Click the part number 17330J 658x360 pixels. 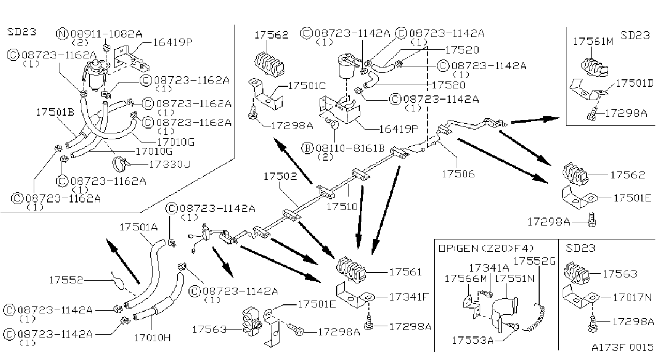pyautogui.click(x=170, y=164)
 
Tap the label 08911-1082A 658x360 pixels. pyautogui.click(x=107, y=34)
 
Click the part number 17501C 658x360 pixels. pyautogui.click(x=307, y=86)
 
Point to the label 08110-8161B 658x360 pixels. pyautogui.click(x=350, y=148)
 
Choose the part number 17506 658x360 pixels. pyautogui.click(x=458, y=174)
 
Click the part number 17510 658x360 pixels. pyautogui.click(x=342, y=206)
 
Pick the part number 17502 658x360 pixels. pyautogui.click(x=280, y=176)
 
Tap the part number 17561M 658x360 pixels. pyautogui.click(x=593, y=41)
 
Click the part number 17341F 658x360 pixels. pyautogui.click(x=409, y=297)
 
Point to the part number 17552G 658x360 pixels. pyautogui.click(x=534, y=261)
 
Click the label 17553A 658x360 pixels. pyautogui.click(x=473, y=340)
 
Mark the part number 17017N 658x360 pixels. pyautogui.click(x=632, y=298)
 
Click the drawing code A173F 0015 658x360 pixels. pyautogui.click(x=623, y=347)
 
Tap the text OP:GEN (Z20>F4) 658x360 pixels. pyautogui.click(x=486, y=249)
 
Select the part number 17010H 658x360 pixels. pyautogui.click(x=152, y=338)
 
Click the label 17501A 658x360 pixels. pyautogui.click(x=139, y=227)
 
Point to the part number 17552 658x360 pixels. pyautogui.click(x=66, y=280)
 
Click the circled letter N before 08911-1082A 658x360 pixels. pyautogui.click(x=62, y=34)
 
